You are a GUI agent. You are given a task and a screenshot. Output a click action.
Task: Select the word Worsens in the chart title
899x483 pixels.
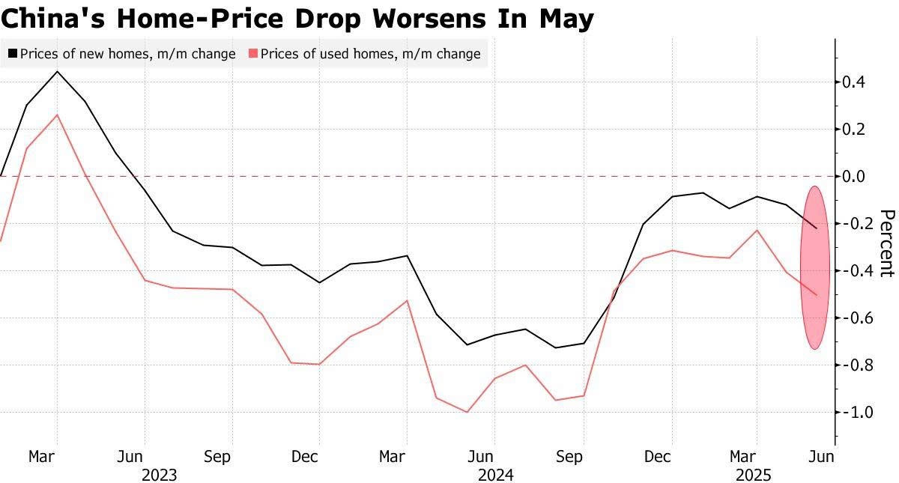click(432, 18)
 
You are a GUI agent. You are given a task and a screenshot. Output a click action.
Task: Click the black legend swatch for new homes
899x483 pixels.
click(13, 54)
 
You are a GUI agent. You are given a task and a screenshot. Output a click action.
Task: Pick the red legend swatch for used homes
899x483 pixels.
click(253, 54)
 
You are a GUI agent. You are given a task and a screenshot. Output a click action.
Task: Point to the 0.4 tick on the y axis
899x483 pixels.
click(855, 82)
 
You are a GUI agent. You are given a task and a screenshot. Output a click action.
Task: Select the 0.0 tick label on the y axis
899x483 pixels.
click(855, 176)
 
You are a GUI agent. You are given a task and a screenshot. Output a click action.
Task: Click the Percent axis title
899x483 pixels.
click(886, 243)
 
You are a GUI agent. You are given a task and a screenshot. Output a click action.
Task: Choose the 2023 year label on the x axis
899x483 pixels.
click(159, 476)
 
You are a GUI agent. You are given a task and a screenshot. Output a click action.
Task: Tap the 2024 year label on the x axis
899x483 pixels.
click(495, 476)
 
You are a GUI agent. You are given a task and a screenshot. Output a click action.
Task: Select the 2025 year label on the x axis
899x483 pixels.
click(755, 476)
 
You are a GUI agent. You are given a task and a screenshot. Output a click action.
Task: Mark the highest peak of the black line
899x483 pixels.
click(58, 72)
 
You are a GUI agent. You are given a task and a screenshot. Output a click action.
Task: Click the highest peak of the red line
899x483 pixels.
click(58, 115)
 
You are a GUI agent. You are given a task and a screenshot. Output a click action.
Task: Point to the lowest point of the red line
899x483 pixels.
click(467, 412)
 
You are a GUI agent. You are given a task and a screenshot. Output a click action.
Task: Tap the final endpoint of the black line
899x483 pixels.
click(817, 228)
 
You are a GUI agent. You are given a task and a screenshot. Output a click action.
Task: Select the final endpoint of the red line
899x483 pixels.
click(817, 295)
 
